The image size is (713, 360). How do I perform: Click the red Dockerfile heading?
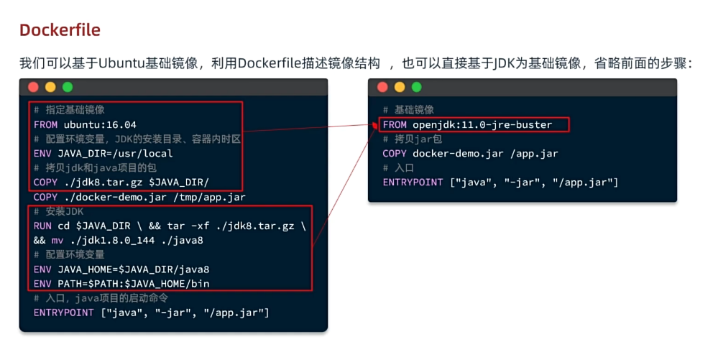coord(60,30)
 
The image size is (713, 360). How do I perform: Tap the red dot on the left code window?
coord(33,87)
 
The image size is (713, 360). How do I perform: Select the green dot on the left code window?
coord(68,87)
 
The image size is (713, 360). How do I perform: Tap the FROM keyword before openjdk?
coord(395,125)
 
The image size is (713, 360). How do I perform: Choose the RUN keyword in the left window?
coord(42,226)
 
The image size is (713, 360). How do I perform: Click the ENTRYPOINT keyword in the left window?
coord(63,313)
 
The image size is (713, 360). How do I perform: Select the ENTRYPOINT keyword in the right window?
coord(413,183)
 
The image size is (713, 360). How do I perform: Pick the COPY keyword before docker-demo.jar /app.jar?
coord(395,154)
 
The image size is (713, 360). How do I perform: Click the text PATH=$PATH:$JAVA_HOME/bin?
coord(134,284)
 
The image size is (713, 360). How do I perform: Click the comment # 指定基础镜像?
coord(69,110)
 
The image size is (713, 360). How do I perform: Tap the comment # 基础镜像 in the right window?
coord(408,110)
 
